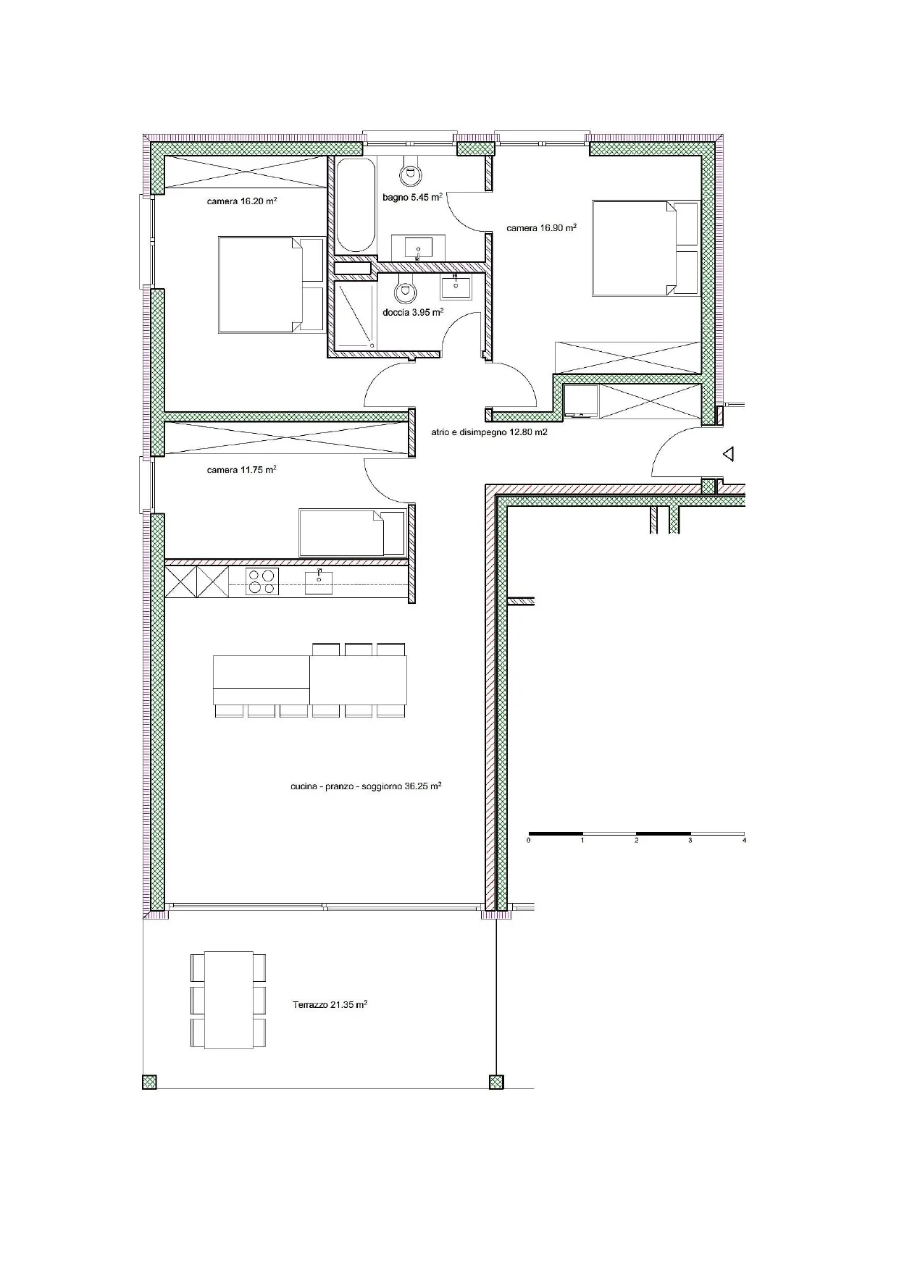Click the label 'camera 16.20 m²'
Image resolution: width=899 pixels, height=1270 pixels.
pos(242,201)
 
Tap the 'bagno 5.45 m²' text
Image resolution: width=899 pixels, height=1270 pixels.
pos(412,197)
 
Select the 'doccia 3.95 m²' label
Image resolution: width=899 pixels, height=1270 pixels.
pos(413,313)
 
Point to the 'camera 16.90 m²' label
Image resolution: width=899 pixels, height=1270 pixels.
pos(542,227)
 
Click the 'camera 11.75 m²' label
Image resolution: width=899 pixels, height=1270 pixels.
pos(242,470)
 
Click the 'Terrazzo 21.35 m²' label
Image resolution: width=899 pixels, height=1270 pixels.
pos(330,1005)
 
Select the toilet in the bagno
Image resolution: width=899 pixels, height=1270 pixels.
pos(410,171)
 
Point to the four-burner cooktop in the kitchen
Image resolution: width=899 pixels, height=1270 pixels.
pos(262,581)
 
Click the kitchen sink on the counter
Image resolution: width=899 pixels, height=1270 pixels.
pos(319,581)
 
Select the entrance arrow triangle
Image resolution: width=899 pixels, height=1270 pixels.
pos(729,455)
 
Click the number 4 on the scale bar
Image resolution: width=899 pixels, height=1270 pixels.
pos(744,841)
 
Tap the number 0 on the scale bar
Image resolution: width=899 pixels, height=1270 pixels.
pos(529,841)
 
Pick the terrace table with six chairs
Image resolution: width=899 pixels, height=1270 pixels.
pos(228,1000)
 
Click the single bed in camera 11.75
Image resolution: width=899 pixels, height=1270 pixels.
pos(353,532)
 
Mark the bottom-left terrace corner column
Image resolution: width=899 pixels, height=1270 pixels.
pos(149,1082)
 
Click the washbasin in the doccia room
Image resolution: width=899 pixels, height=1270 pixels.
pos(456,287)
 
